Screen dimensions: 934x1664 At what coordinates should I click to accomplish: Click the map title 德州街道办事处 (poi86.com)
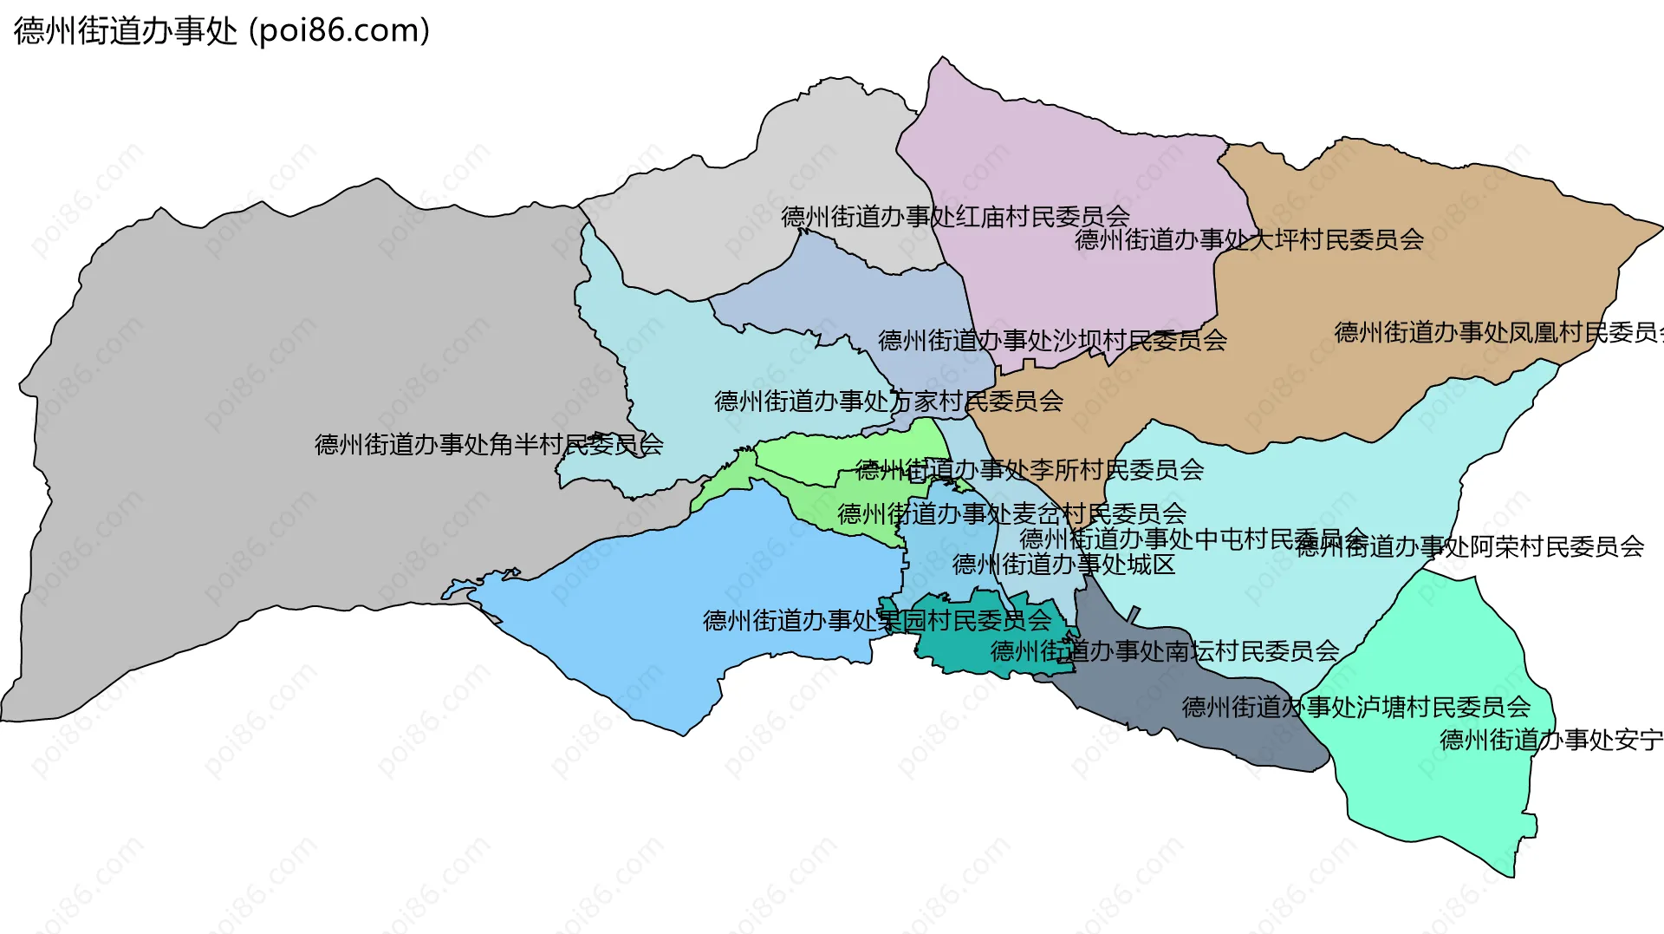[x=222, y=31]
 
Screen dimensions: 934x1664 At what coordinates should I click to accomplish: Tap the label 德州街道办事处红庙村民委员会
[x=955, y=216]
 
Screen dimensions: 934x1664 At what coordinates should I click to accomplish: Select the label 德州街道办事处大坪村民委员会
[x=1249, y=239]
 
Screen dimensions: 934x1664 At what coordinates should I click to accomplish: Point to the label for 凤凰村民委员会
[x=1498, y=332]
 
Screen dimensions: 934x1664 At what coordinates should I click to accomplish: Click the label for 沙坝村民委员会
[x=1052, y=340]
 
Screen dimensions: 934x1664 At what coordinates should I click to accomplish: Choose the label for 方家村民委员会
[x=888, y=401]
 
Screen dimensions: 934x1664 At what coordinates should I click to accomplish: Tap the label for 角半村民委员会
[x=489, y=444]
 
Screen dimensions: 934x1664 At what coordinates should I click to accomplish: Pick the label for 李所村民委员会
[x=1030, y=470]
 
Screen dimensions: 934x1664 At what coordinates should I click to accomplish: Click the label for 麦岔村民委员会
[x=1011, y=513]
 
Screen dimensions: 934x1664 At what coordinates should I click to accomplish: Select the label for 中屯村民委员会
[x=1193, y=539]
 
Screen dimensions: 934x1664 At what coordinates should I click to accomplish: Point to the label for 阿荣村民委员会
[x=1471, y=546]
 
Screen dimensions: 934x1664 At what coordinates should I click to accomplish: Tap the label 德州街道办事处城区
[x=1063, y=565]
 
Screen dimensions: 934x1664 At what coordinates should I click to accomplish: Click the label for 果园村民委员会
[x=876, y=620]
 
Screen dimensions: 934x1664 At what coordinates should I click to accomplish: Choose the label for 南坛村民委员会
[x=1165, y=650]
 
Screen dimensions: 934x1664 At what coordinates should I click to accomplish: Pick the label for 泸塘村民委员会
[x=1356, y=707]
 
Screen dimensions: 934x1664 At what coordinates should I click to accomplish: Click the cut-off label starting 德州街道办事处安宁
[x=1551, y=740]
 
